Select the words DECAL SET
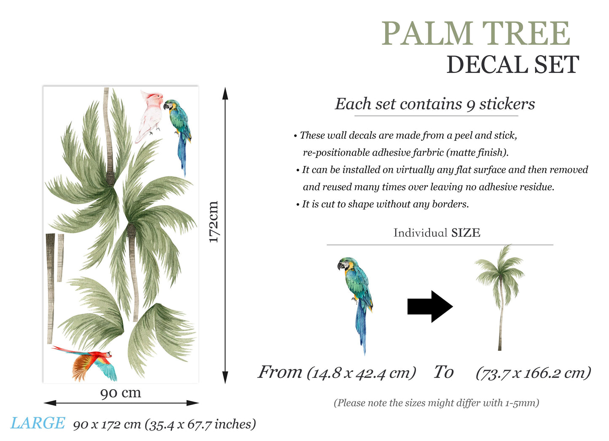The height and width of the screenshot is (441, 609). pos(512,65)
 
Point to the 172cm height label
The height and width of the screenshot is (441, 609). pos(214,222)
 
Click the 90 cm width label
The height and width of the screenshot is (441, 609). pos(121,393)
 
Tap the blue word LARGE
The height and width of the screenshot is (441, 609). pos(38,423)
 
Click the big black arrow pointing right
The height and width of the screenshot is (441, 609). pos(429,307)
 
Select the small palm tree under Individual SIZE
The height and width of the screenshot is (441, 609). pos(501,295)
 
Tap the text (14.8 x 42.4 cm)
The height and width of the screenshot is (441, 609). pos(361,373)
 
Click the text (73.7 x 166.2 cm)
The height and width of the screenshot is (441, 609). pos(533,373)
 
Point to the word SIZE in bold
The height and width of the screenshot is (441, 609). pos(466,233)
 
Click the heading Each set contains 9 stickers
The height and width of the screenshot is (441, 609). pos(435,104)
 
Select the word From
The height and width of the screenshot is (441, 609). pos(280,372)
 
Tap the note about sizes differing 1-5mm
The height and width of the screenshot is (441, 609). pos(436,403)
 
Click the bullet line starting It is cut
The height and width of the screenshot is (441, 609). pos(385,204)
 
